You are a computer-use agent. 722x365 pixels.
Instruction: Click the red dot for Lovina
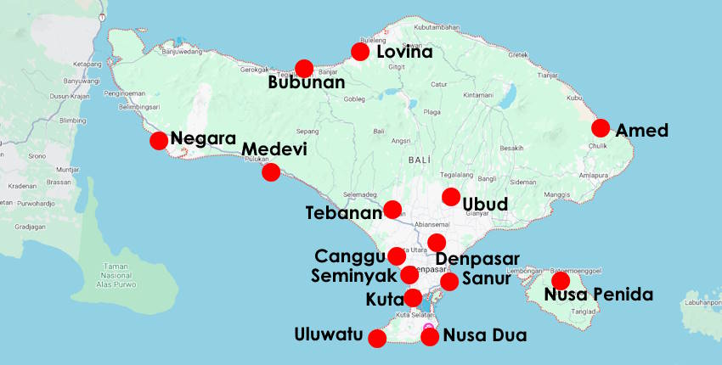(x=360, y=52)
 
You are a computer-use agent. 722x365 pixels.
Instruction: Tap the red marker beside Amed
(x=601, y=128)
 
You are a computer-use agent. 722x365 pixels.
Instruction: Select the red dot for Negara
(x=159, y=141)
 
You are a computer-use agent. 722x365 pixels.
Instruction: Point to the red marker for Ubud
(x=451, y=197)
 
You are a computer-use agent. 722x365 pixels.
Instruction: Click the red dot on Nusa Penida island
(x=561, y=280)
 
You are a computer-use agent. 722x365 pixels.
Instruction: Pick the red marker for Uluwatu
(x=377, y=338)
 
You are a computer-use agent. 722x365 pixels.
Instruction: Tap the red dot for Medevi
(x=271, y=172)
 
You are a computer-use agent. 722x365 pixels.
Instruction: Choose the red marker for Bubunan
(x=304, y=69)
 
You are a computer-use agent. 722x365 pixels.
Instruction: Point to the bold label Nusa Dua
(x=485, y=335)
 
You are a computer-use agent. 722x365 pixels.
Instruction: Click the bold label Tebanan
(x=343, y=213)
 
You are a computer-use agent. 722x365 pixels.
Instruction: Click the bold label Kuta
(x=384, y=300)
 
